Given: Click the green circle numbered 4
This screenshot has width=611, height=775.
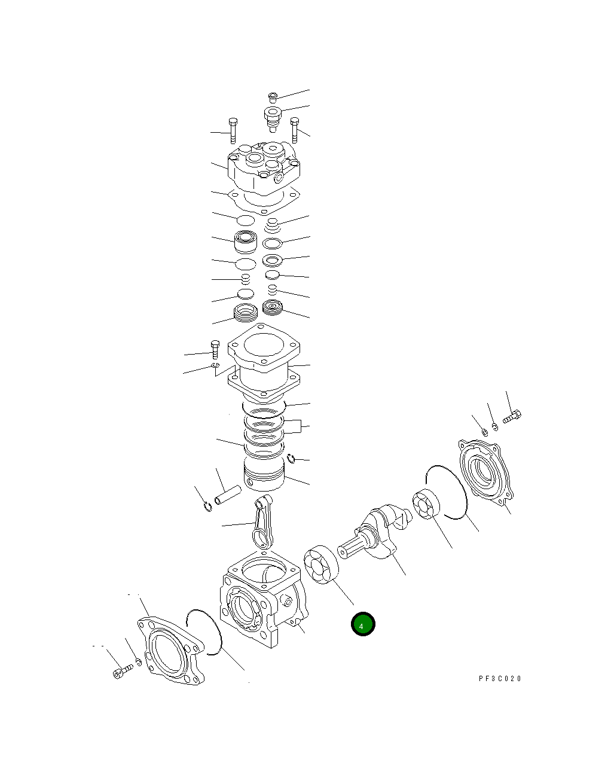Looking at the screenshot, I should tap(362, 624).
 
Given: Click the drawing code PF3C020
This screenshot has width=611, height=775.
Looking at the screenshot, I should tap(500, 679).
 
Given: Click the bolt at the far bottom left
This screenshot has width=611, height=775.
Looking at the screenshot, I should tap(121, 671).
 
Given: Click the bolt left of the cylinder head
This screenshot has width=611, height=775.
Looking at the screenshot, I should tap(233, 132).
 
